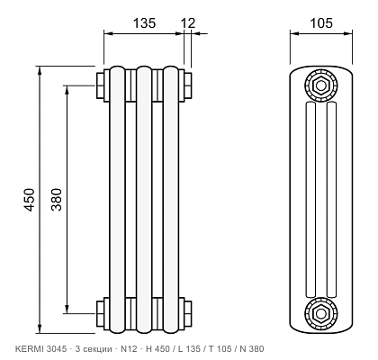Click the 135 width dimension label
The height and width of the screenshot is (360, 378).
pos(144,23)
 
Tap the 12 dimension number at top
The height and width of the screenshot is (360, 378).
pos(188,23)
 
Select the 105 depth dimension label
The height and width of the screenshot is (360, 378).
pos(321,23)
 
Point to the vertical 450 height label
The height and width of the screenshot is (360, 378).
pos(30,200)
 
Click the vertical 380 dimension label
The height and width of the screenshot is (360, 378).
pos(56,200)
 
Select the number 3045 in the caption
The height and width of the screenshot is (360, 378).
pos(55,349)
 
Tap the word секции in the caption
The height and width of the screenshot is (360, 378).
pos(96,349)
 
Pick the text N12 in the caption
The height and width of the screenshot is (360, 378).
pos(129,349)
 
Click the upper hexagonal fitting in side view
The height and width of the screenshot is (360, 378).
pos(321,85)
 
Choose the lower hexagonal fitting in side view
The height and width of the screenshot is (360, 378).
pos(321,313)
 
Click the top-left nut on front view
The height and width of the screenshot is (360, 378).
pos(100,85)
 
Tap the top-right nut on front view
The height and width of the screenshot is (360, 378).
pos(188,85)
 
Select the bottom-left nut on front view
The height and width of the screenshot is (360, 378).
pos(100,313)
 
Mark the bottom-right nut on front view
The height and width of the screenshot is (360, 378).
pos(188,313)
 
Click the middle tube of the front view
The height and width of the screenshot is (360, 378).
pos(144,200)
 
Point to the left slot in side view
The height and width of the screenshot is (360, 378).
pos(310,200)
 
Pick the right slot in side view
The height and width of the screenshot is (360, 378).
pos(331,200)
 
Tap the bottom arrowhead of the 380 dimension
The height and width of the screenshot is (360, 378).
pos(67,309)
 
